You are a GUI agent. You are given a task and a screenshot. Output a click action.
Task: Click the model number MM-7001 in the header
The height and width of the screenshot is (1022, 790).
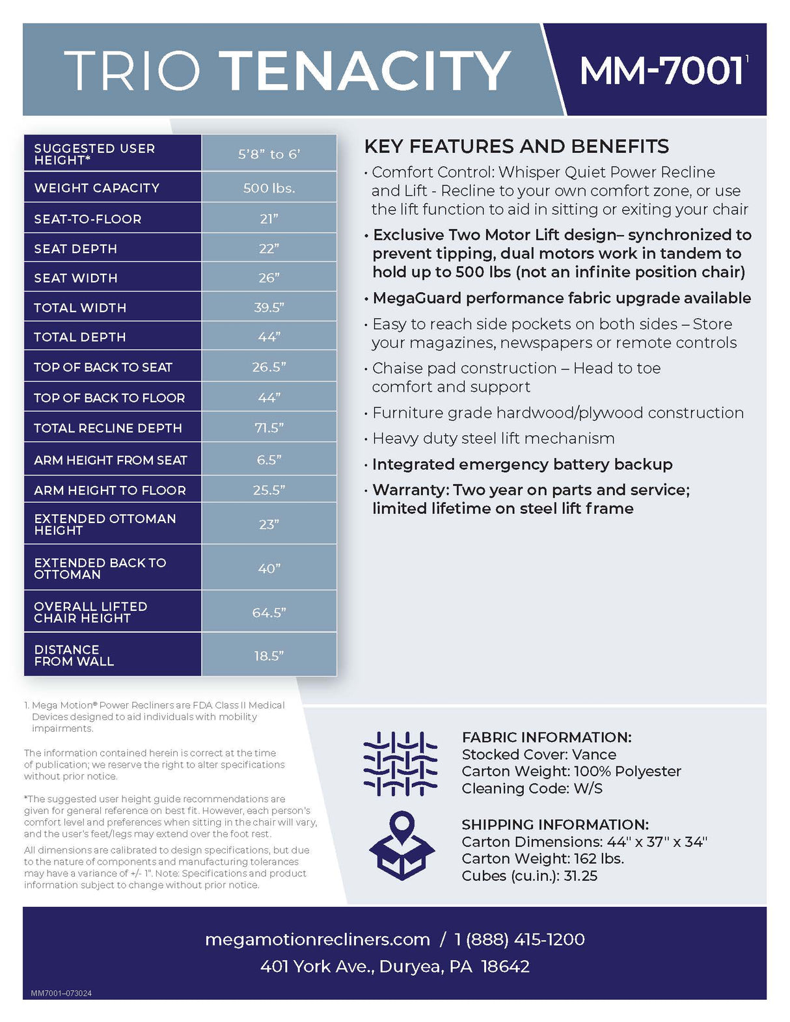pos(661,70)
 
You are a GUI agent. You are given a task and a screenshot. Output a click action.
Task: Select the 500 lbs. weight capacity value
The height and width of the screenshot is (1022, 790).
pos(269,188)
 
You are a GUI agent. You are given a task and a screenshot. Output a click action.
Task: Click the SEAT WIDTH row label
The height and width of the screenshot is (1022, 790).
pos(75,278)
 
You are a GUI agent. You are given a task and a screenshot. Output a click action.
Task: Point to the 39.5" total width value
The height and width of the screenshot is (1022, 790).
pos(269,308)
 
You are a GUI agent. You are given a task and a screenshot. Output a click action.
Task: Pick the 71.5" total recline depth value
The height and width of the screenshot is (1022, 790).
pos(269,428)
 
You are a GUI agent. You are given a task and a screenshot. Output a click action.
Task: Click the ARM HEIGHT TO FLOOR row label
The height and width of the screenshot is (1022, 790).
pos(110,490)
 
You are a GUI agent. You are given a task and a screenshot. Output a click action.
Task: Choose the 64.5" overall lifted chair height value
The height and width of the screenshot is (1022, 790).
pos(269,612)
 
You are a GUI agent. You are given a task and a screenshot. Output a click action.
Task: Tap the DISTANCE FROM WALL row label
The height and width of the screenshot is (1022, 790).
pos(74,655)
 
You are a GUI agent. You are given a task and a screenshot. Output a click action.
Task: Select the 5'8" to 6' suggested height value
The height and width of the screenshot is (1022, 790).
pos(269,154)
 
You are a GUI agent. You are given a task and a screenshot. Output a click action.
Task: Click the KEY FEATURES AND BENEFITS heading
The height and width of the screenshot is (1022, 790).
pos(516,146)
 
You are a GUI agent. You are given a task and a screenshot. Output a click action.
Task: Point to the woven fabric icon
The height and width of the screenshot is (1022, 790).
pos(400,764)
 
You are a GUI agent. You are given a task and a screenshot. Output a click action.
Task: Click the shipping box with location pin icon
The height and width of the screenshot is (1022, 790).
pos(402,846)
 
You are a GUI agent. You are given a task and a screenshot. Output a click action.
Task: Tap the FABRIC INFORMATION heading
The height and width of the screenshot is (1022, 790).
pos(547,737)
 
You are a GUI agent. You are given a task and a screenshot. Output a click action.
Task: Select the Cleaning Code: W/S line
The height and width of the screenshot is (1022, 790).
pos(532,788)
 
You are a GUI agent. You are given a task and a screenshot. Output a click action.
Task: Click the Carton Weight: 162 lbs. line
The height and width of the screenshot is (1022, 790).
pos(543,859)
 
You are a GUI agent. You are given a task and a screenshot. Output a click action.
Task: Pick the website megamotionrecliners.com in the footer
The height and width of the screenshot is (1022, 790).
pos(317,939)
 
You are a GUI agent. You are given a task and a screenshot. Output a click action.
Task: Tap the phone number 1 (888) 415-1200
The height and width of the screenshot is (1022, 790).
pos(519,939)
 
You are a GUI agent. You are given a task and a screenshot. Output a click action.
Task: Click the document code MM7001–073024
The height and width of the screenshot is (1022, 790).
pos(61,993)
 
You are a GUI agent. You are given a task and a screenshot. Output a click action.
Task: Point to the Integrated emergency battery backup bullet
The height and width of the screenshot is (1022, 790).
pos(522,464)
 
